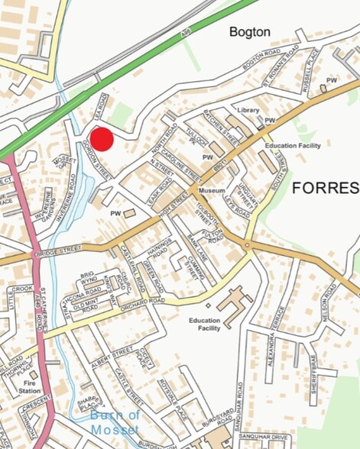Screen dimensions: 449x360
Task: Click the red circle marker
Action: pyautogui.click(x=102, y=140)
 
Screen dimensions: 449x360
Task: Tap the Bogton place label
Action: pyautogui.click(x=250, y=32)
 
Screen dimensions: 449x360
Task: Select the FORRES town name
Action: pyautogui.click(x=326, y=188)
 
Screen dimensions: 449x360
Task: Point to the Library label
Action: pyautogui.click(x=248, y=111)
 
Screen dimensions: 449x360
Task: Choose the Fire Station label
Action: pyautogui.click(x=31, y=386)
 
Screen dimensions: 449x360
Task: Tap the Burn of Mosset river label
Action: pyautogui.click(x=115, y=422)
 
